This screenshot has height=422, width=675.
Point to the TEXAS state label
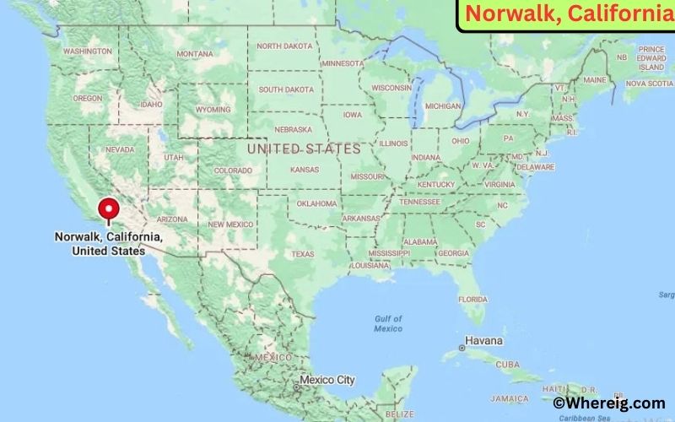coord(302,254)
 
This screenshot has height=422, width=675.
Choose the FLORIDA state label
coord(472,300)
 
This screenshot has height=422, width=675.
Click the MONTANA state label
coord(194,54)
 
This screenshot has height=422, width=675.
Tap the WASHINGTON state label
coord(87,51)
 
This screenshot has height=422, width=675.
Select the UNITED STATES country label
coord(303,149)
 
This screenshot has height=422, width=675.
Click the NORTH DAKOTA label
coord(283,46)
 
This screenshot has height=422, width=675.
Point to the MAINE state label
coord(595,80)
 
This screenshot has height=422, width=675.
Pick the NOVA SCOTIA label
coord(648,84)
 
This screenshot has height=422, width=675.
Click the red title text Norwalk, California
coord(566,14)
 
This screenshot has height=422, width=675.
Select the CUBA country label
coord(507,365)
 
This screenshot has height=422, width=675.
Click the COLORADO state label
coord(233,170)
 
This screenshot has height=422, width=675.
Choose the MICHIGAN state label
coord(443,106)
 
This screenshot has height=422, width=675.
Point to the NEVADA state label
coord(119,149)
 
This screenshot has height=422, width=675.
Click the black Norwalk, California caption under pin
coord(108,244)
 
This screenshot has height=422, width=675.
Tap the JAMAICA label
coord(511,398)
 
